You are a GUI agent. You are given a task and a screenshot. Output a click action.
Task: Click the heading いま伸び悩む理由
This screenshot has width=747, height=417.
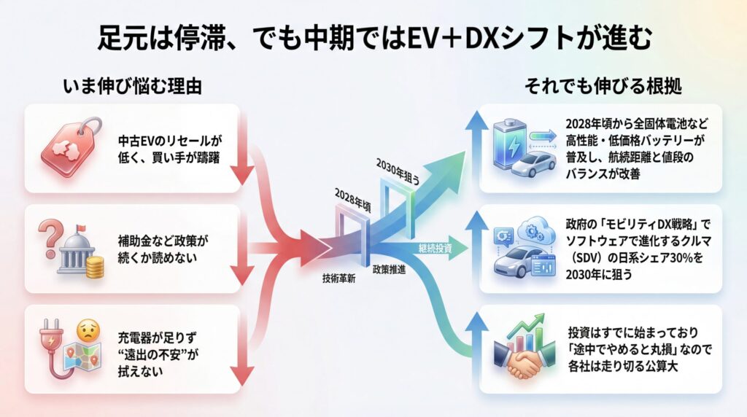pyautogui.click(x=132, y=86)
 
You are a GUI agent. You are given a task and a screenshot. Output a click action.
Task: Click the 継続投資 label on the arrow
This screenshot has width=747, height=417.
pyautogui.click(x=435, y=249)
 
